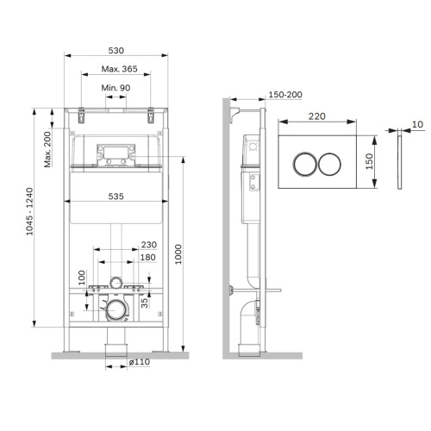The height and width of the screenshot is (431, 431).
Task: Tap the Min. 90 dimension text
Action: point(117,90)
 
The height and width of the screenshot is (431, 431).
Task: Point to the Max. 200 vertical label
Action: point(48,147)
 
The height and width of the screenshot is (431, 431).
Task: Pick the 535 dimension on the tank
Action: point(116,197)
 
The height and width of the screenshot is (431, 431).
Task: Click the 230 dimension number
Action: point(148,243)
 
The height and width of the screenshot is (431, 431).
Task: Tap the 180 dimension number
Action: point(148,257)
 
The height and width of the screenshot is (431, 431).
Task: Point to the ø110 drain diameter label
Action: point(139,363)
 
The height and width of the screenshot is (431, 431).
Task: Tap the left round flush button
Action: point(306,163)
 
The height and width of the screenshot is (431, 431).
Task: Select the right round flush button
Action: point(331,163)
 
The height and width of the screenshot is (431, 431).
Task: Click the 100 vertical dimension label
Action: point(83,278)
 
